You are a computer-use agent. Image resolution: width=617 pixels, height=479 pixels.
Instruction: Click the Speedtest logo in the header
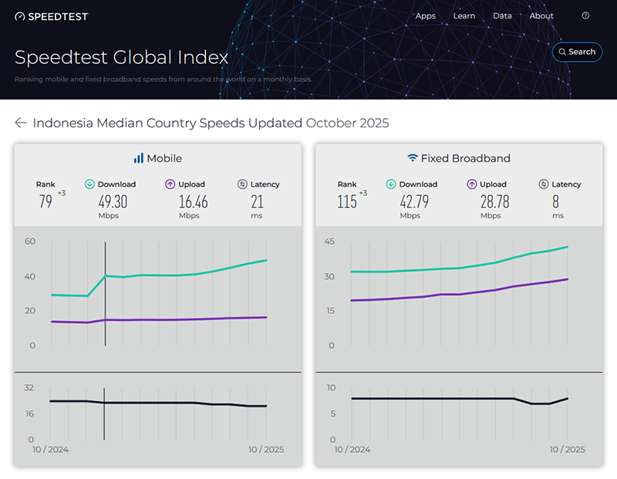pos(52,16)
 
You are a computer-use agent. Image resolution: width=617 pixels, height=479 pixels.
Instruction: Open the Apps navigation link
pos(426,16)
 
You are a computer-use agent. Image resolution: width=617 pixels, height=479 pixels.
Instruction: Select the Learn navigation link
pos(464,16)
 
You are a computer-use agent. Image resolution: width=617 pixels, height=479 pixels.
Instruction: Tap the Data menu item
pos(502,16)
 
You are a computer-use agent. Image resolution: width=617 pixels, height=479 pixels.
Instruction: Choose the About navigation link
pos(541,16)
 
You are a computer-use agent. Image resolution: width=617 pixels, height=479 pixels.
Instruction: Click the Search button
pos(577,52)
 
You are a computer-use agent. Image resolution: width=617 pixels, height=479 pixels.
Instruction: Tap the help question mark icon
pos(585,16)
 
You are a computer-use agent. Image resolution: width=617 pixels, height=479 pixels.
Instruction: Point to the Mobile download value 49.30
pos(113,202)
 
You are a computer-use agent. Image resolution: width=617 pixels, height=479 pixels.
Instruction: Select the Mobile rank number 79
pos(46,202)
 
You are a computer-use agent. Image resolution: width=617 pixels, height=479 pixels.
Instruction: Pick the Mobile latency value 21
pos(257,202)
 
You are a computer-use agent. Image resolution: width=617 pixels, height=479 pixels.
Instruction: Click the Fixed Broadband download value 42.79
pos(414,202)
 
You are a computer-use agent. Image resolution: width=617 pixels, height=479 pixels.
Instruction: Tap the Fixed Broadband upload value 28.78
pos(491,202)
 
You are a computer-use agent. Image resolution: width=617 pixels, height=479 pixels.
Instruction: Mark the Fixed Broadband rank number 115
pos(347,202)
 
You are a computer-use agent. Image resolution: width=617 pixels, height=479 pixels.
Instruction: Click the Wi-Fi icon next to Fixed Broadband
pos(413,158)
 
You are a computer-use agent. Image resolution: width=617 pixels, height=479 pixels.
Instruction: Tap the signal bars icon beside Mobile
pos(138,158)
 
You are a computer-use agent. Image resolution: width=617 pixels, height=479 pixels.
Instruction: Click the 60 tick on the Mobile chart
pos(30,241)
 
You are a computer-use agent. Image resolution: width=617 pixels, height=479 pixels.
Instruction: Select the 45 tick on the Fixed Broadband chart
pos(329,241)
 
